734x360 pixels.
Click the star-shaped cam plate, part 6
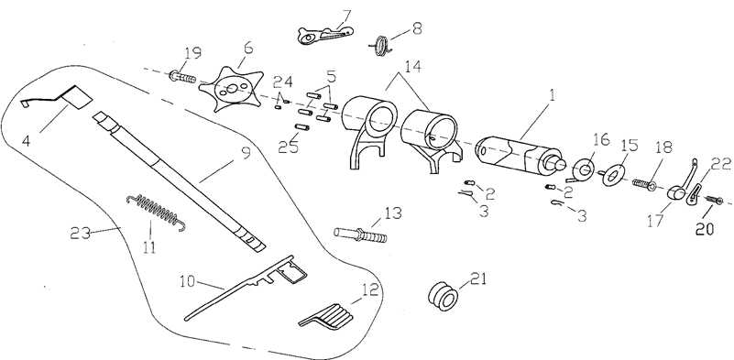pos(230,89)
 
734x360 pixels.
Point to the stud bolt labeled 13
pos(361,234)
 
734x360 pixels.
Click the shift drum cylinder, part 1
pos(519,155)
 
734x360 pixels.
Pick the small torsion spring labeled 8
pos(381,46)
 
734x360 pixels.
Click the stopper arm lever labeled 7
pos(325,34)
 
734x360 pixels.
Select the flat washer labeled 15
pos(614,175)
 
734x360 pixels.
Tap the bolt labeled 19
pos(182,76)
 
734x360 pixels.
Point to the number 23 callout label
pos(80,232)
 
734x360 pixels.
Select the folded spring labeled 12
pos(327,316)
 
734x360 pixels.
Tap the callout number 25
pos(289,147)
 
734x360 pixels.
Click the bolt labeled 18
pos(644,183)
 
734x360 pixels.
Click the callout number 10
pos(187,281)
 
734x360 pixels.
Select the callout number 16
pos(600,139)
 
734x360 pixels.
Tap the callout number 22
pos(720,164)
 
